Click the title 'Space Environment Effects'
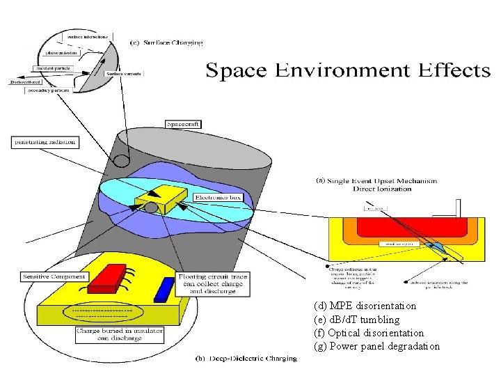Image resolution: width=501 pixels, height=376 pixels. tap(347, 70)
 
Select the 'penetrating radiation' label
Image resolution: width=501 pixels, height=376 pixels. tap(45, 142)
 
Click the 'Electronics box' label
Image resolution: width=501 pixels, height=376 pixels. tap(218, 197)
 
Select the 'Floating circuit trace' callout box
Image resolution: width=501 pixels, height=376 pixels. tap(209, 284)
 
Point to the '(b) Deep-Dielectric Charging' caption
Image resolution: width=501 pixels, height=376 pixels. tap(246, 359)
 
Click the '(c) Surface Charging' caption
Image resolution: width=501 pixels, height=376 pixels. tap(167, 42)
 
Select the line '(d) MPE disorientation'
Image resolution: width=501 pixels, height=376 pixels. tap(365, 306)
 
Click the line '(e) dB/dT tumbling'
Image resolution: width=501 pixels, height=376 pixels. tap(357, 320)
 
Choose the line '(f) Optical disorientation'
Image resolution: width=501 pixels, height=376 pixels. tap(369, 333)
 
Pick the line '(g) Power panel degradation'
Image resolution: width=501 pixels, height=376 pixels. tap(377, 346)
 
